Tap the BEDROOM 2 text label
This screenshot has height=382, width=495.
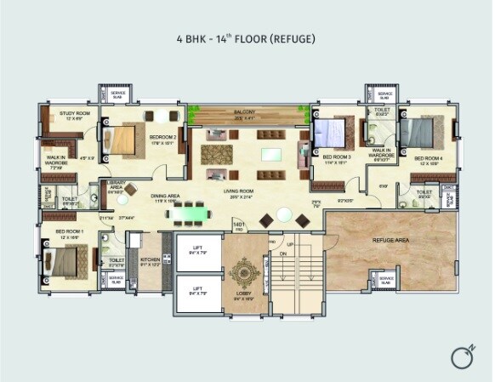(162, 137)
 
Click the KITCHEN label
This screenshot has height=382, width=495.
(151, 259)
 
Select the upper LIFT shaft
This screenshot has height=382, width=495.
(197, 252)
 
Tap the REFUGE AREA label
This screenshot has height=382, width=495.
(390, 241)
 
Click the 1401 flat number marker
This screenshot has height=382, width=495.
(239, 225)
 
